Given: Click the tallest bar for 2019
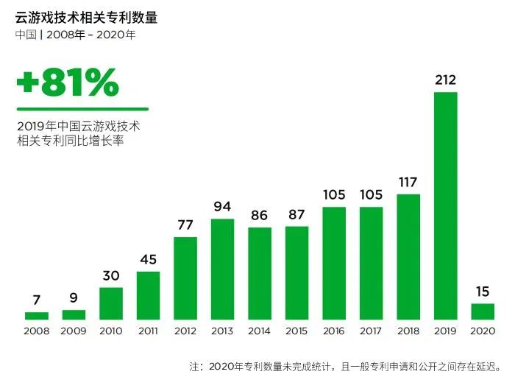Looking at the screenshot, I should coord(445,205).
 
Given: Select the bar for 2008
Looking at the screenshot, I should coord(37,316).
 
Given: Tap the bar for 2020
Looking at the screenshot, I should coord(483,311).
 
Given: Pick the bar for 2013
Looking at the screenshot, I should coord(222,269).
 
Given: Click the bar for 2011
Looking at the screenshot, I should coord(148,295).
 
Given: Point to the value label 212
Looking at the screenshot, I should coord(445,79).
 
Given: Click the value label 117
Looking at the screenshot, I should coord(408,181).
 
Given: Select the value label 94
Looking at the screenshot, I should coord(222,206).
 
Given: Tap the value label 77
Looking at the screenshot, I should coord(185,225).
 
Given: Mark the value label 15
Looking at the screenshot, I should coord(483,291).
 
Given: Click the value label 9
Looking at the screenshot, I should coord(74,298).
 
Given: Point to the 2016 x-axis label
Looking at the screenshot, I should coord(334,331).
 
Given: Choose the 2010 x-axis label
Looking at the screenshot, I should coord(111,331).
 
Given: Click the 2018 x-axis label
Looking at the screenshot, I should coord(408,331).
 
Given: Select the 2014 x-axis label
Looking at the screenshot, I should coord(260,331).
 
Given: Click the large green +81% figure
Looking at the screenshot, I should coord(68,84).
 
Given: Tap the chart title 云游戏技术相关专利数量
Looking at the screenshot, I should coord(86,17).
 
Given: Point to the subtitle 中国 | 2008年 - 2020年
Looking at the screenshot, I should coord(75,35).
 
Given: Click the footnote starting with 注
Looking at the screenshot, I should coord(346,365).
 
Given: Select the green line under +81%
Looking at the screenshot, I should coord(82,109).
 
